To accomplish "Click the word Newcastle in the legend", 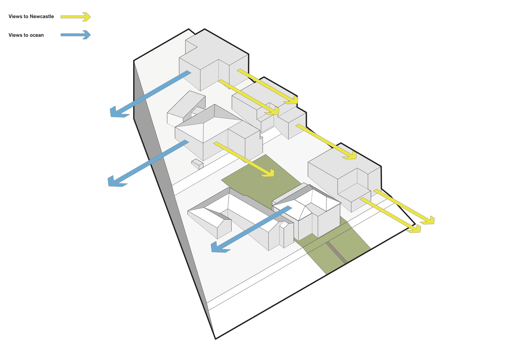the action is (x=42, y=16).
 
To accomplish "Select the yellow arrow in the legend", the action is (x=76, y=17).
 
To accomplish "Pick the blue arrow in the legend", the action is (x=76, y=35).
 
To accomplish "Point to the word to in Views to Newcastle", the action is (x=26, y=16).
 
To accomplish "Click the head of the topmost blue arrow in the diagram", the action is (x=118, y=112).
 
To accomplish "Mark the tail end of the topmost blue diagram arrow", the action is (x=189, y=72).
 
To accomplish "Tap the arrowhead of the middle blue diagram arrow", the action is (x=116, y=181).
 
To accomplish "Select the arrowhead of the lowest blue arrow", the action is (x=219, y=247).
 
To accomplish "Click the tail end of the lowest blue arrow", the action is (x=290, y=207).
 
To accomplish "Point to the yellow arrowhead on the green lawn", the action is (x=268, y=173).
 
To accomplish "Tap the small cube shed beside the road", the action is (x=197, y=164).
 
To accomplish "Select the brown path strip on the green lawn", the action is (x=337, y=253).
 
